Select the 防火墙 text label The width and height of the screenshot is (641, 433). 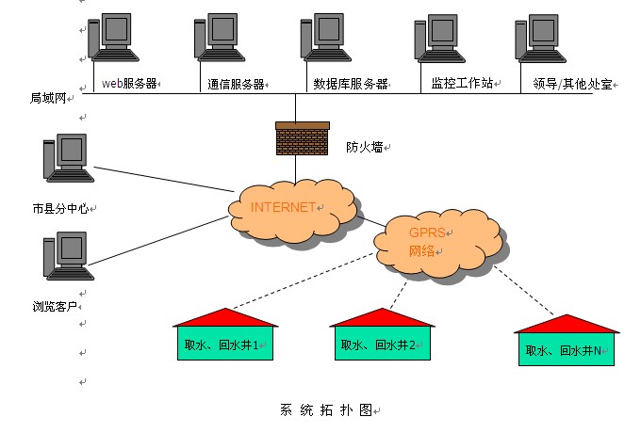(x=364, y=147)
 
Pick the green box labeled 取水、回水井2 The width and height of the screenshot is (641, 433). (x=383, y=345)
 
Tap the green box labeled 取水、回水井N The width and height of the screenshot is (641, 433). (x=567, y=350)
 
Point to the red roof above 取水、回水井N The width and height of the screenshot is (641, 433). (x=567, y=323)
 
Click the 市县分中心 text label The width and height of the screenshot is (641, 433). (x=59, y=209)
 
